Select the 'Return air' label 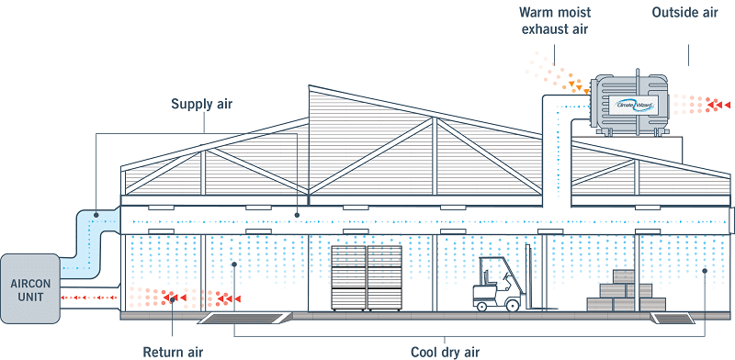[x=173, y=350]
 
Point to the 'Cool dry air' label [x=446, y=350]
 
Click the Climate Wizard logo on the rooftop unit [x=634, y=103]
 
